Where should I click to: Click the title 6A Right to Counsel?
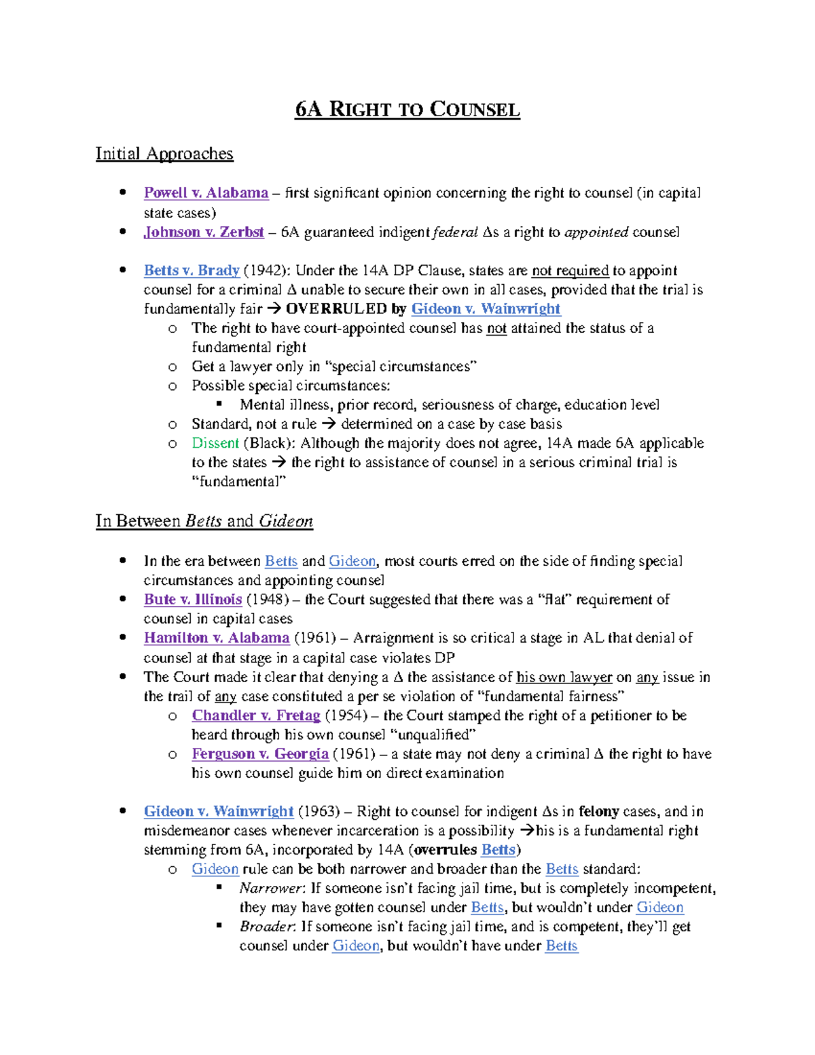pyautogui.click(x=407, y=109)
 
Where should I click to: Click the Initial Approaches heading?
pyautogui.click(x=164, y=154)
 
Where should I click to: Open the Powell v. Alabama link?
pyautogui.click(x=206, y=193)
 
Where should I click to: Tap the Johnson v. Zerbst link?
pyautogui.click(x=204, y=232)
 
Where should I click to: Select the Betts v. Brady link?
pyautogui.click(x=192, y=270)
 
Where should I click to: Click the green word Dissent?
pyautogui.click(x=215, y=443)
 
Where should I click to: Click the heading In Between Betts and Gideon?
pyautogui.click(x=204, y=521)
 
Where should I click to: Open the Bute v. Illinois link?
pyautogui.click(x=193, y=599)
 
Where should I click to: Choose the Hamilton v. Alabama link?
pyautogui.click(x=217, y=638)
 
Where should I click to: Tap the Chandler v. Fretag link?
pyautogui.click(x=256, y=715)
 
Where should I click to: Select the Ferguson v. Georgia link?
pyautogui.click(x=260, y=754)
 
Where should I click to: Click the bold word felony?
pyautogui.click(x=598, y=811)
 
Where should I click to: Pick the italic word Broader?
pyautogui.click(x=267, y=927)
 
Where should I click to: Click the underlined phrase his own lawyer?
pyautogui.click(x=564, y=677)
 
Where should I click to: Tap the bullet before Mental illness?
pyautogui.click(x=219, y=404)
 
